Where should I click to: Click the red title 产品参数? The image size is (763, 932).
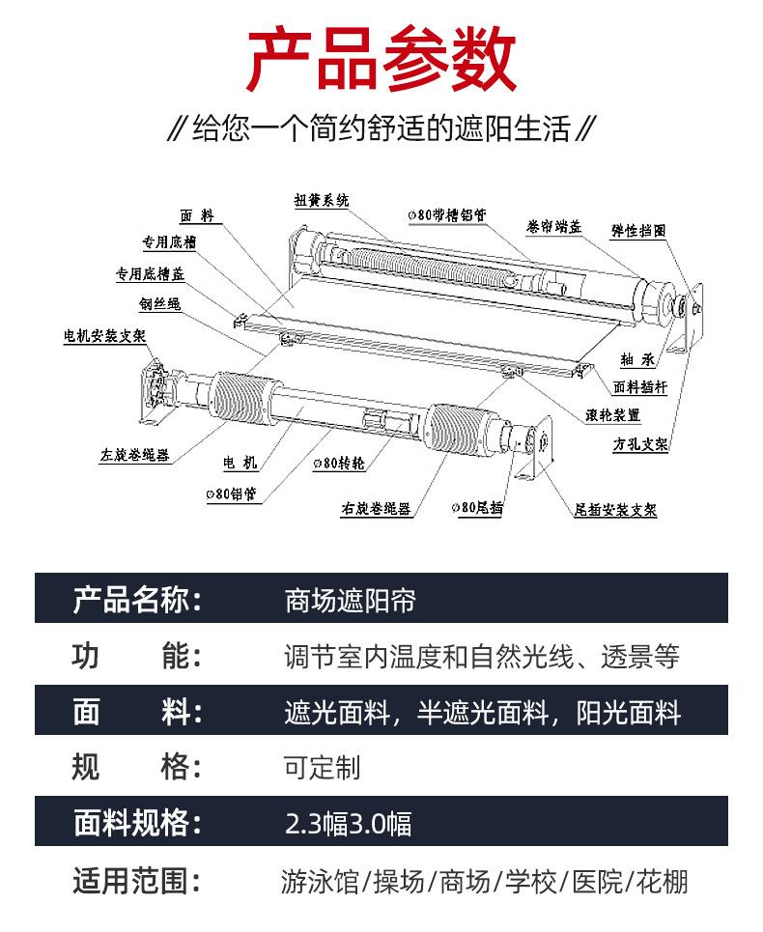(x=381, y=60)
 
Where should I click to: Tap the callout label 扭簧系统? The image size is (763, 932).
(x=322, y=200)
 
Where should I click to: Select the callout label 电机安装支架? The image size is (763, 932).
(x=104, y=336)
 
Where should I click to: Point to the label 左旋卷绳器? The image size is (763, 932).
(x=135, y=455)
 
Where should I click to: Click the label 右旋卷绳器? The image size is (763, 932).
(x=376, y=509)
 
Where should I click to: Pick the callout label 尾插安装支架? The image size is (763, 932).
(x=615, y=509)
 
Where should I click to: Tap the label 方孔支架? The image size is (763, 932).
(x=640, y=444)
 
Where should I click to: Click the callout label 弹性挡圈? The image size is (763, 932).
(x=638, y=231)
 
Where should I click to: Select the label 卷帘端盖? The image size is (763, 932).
(x=553, y=226)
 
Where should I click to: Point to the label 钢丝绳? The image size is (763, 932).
(x=160, y=304)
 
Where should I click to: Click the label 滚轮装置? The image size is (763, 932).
(x=612, y=415)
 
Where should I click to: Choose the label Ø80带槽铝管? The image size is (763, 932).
(x=447, y=214)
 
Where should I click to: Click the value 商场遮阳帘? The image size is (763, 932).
(x=350, y=601)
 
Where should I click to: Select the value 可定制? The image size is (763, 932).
(x=323, y=768)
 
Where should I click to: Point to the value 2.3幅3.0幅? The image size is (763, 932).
(x=349, y=823)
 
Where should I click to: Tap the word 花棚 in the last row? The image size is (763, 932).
(x=662, y=882)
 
